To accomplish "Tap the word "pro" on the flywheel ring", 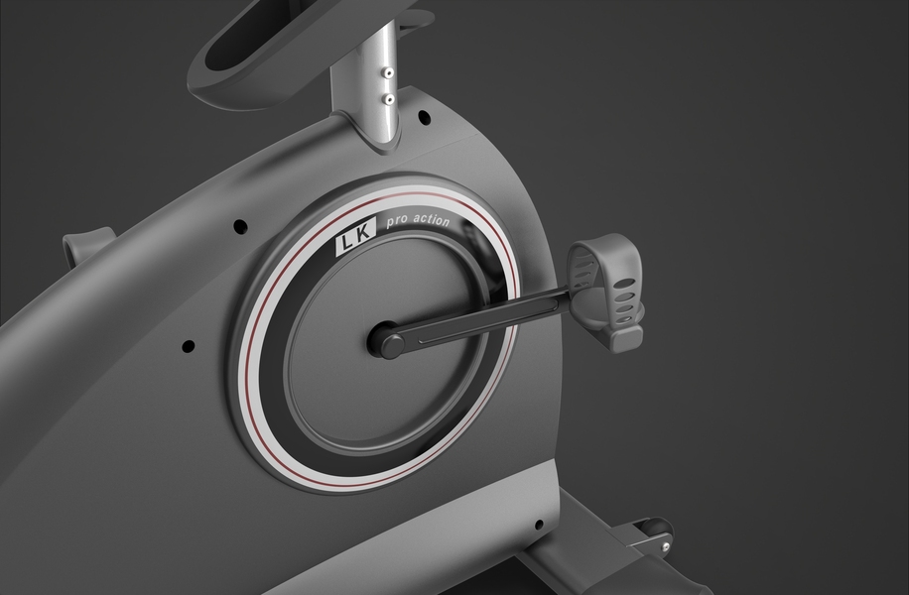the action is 398,222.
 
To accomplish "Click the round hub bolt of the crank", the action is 392,346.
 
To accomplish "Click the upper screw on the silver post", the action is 389,73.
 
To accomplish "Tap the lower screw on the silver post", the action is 389,99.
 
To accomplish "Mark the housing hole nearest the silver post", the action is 425,116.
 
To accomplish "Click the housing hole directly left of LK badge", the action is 240,226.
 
